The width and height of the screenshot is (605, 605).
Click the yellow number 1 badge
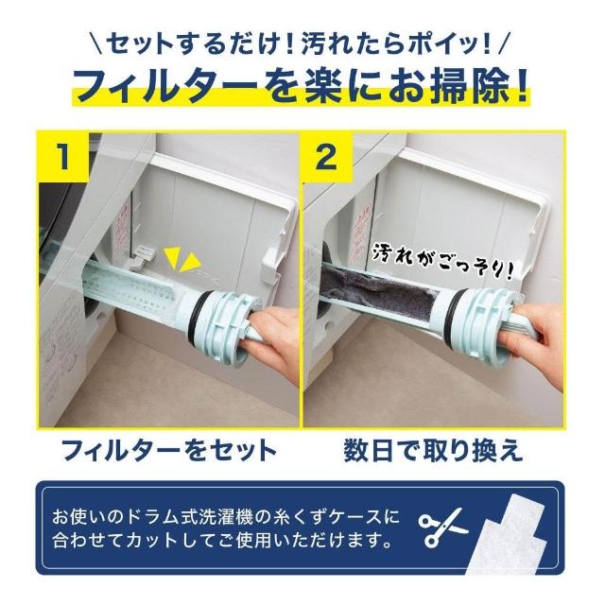pos(63,157)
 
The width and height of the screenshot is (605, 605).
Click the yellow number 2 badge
pos(327,157)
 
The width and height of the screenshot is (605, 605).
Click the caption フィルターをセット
pos(169,450)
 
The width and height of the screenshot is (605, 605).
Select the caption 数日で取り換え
pos(433,450)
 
